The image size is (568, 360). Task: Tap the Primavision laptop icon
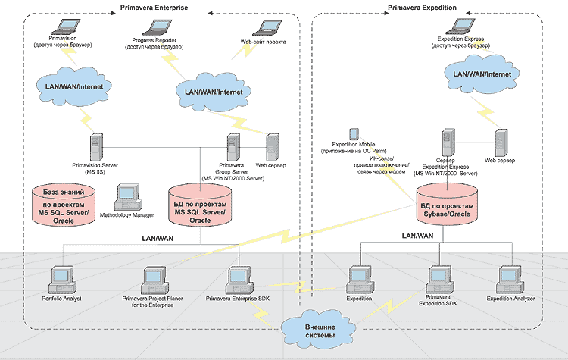tap(55, 27)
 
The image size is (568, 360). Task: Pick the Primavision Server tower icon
tap(96, 146)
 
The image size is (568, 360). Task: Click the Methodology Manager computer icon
tap(129, 196)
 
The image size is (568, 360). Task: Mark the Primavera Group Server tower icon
tap(233, 146)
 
